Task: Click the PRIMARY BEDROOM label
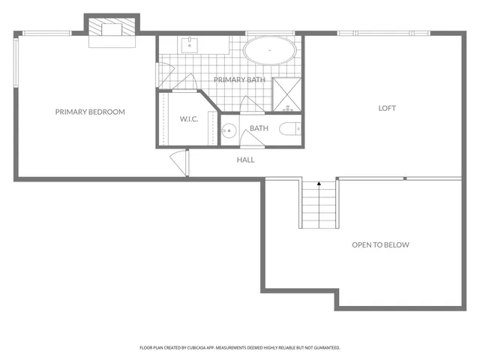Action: click(x=90, y=112)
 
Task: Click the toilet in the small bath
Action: click(x=289, y=129)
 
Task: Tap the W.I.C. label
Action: click(x=187, y=119)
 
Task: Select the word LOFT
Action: click(x=386, y=108)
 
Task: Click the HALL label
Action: click(x=245, y=160)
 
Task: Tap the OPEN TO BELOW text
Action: click(x=380, y=245)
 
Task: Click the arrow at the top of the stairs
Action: click(x=319, y=183)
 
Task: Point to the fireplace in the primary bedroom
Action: click(x=111, y=31)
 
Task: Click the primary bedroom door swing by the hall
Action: click(x=178, y=160)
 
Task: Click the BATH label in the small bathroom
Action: click(x=259, y=128)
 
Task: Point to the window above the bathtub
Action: click(x=270, y=33)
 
